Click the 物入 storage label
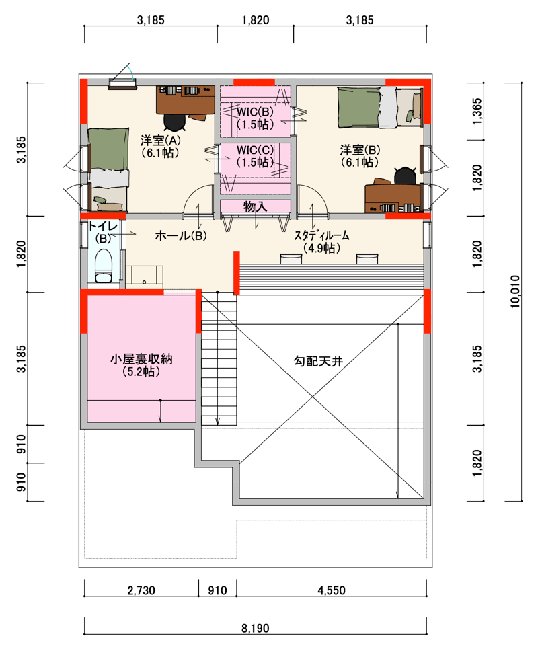[255, 206]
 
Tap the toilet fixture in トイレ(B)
[103, 266]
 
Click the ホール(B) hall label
[181, 235]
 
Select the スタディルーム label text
[321, 235]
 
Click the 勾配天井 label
[319, 360]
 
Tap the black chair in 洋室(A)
[174, 122]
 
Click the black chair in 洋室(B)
[405, 176]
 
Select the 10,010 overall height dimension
[515, 292]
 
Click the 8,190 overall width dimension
[255, 628]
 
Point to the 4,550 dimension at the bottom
[332, 590]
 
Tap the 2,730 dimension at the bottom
[141, 590]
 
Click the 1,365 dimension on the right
[477, 112]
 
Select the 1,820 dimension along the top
[255, 20]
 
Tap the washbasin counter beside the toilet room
[144, 276]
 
